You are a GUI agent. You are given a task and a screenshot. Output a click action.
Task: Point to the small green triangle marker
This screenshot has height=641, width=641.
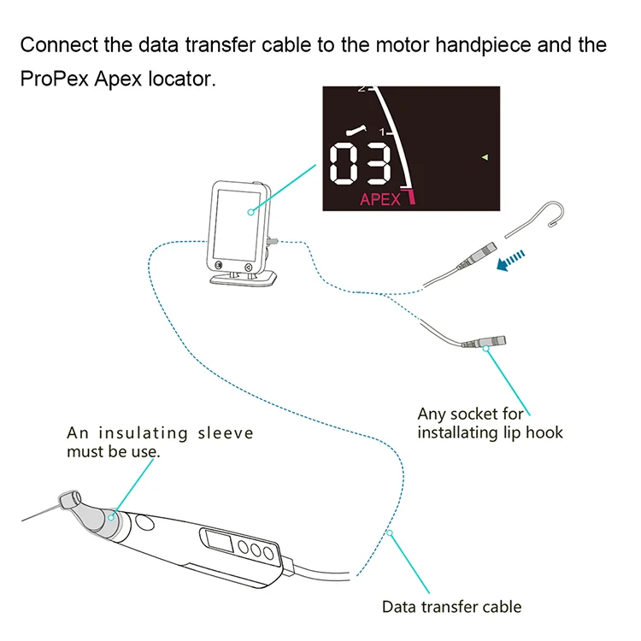click(484, 157)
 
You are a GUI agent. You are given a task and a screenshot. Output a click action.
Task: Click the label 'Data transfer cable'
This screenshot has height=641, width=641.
click(450, 607)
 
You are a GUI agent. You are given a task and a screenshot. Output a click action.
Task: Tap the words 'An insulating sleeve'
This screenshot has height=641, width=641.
click(160, 433)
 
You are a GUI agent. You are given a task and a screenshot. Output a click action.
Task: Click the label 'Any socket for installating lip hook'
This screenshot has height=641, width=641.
click(490, 423)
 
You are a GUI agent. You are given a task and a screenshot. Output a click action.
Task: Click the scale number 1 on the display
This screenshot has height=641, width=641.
click(382, 133)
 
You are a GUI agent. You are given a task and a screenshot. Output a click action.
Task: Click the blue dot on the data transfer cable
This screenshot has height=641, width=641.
click(390, 532)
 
